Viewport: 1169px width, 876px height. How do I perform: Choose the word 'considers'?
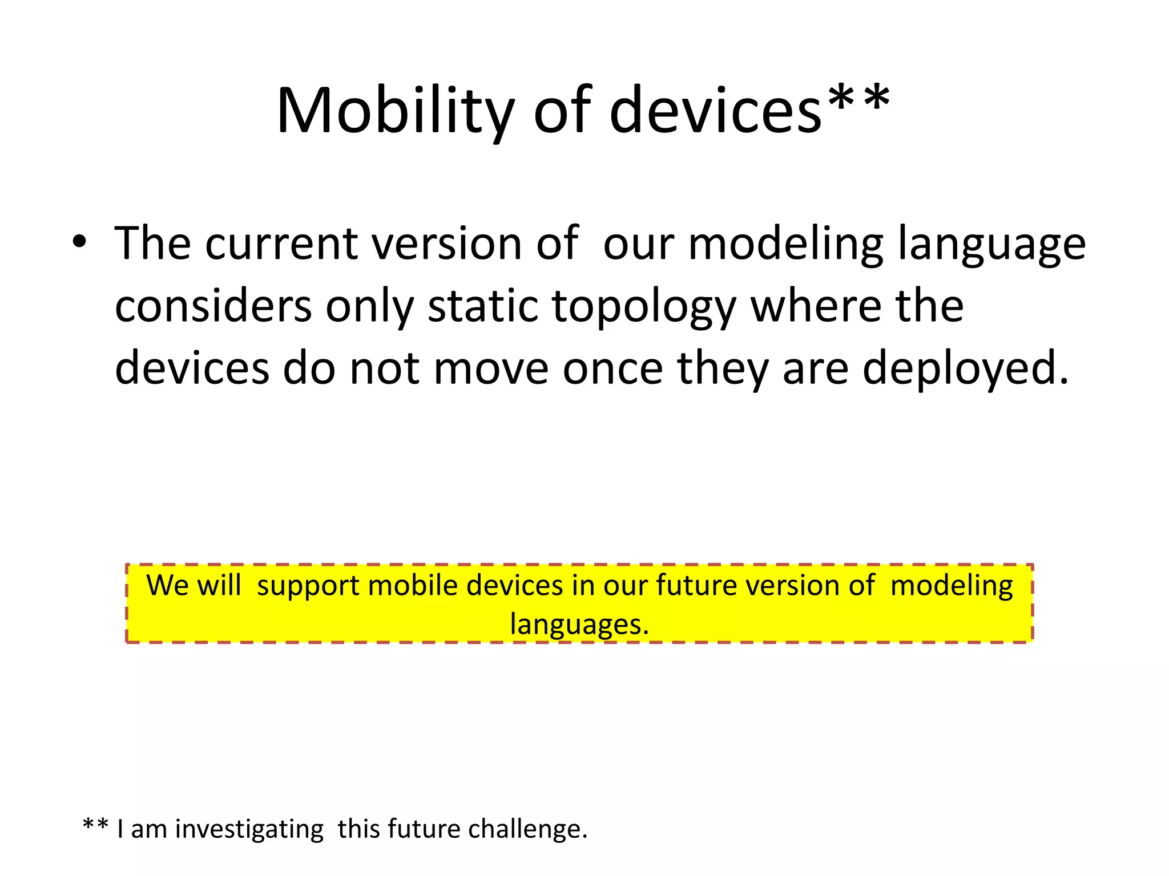(x=213, y=306)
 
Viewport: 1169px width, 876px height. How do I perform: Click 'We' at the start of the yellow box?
(x=164, y=586)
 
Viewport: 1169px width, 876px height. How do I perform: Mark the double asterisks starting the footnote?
(x=95, y=825)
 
